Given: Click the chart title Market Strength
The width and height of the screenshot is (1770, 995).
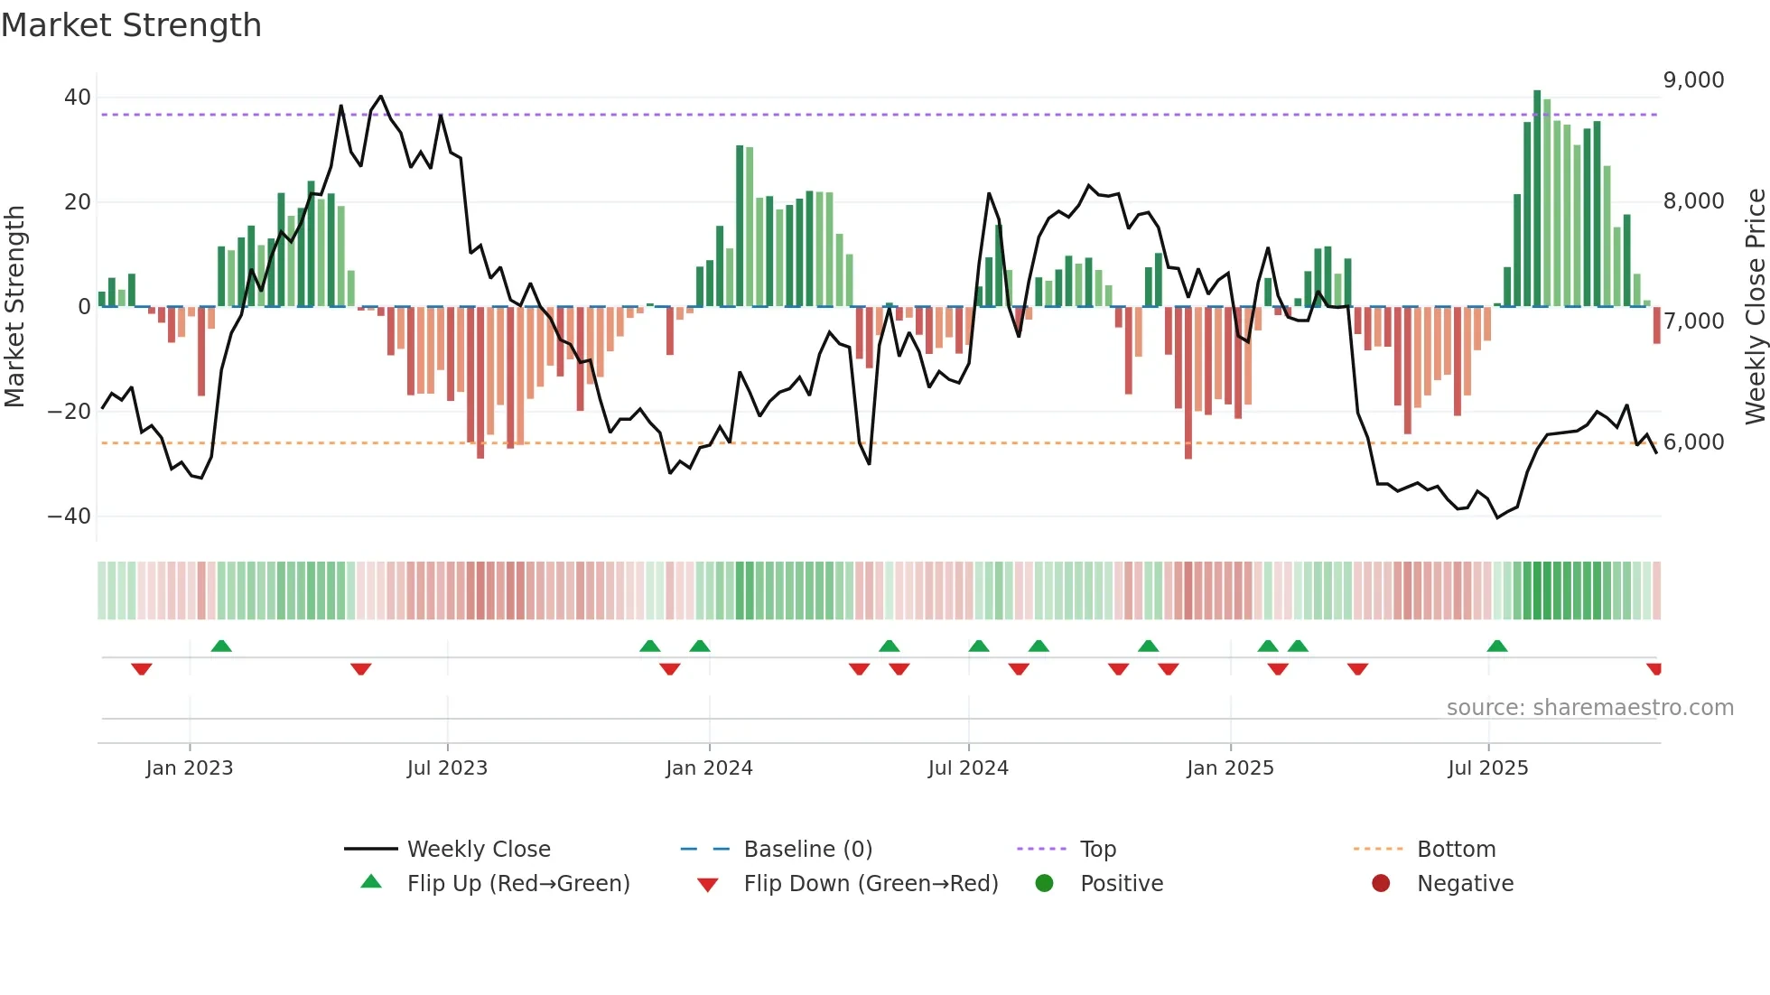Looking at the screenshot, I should [131, 25].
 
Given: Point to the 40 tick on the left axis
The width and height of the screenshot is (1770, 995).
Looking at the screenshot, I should [78, 98].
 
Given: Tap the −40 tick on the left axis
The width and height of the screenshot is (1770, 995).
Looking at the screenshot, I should [70, 516].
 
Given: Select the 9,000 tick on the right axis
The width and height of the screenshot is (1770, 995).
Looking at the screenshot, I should [1693, 80].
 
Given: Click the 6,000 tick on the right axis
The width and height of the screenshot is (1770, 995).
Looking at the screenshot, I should [1693, 442].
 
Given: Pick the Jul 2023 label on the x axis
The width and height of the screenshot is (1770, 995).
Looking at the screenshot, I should [447, 768].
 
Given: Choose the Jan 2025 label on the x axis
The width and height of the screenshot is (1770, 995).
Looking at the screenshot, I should [1230, 768].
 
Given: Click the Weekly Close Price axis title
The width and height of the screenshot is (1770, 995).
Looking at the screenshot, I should [1755, 307].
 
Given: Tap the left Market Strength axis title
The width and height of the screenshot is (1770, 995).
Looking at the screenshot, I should [15, 307].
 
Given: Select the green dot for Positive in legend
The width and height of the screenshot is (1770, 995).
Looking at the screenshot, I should [1045, 884].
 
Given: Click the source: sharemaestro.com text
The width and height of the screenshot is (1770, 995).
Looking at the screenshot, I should [1589, 708].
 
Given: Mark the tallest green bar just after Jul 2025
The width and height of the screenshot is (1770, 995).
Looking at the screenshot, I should [1537, 199].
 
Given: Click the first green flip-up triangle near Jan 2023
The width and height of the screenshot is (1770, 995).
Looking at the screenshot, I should [221, 646].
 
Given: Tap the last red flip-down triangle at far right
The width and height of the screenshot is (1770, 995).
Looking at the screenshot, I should [1654, 669].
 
